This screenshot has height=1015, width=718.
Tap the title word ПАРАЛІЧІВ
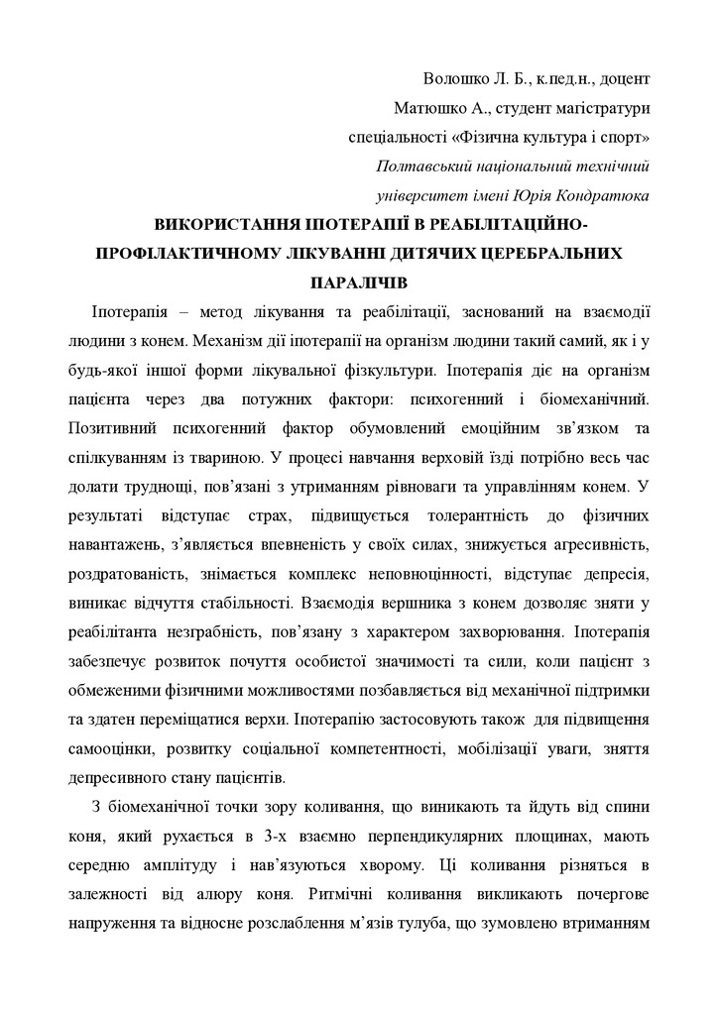pyautogui.click(x=358, y=283)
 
